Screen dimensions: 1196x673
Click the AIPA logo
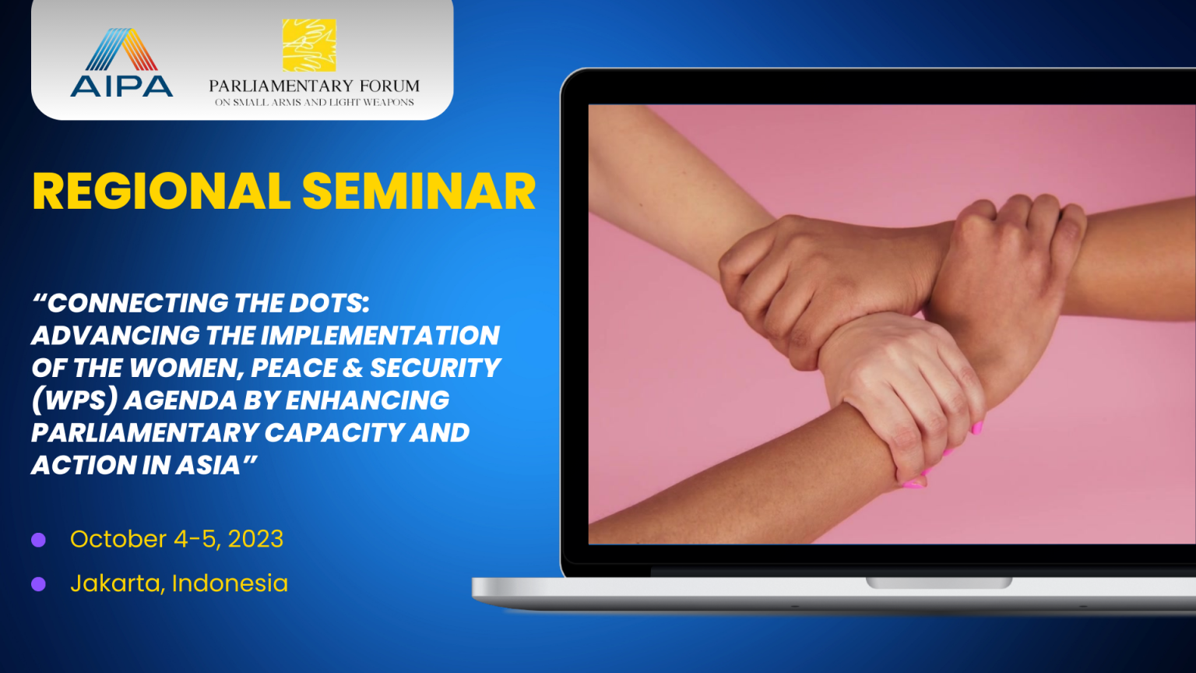coord(121,62)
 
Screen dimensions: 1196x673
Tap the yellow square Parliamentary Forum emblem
coord(309,45)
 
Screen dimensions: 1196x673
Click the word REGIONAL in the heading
coord(161,191)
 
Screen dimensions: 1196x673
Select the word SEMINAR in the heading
coord(419,191)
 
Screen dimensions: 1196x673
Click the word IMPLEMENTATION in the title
coord(380,336)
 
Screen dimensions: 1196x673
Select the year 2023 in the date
coord(255,538)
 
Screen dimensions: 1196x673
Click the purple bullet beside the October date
coord(38,540)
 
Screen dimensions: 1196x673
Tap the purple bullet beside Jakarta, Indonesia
coord(38,583)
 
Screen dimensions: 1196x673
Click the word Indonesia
coord(230,583)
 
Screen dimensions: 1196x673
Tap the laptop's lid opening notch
coord(938,582)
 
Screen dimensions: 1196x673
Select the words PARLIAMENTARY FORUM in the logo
coord(314,86)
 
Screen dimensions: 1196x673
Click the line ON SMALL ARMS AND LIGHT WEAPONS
coord(315,102)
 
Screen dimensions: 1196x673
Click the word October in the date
coord(118,538)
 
